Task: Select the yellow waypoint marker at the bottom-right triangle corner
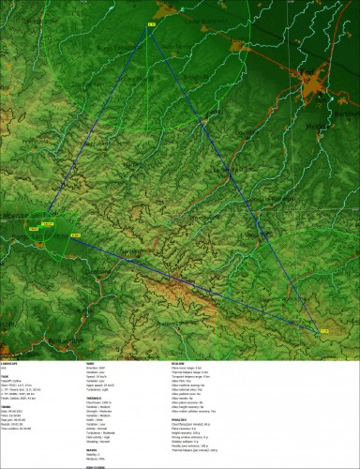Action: (324, 329)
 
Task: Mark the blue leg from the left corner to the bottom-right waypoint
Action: (197, 281)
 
